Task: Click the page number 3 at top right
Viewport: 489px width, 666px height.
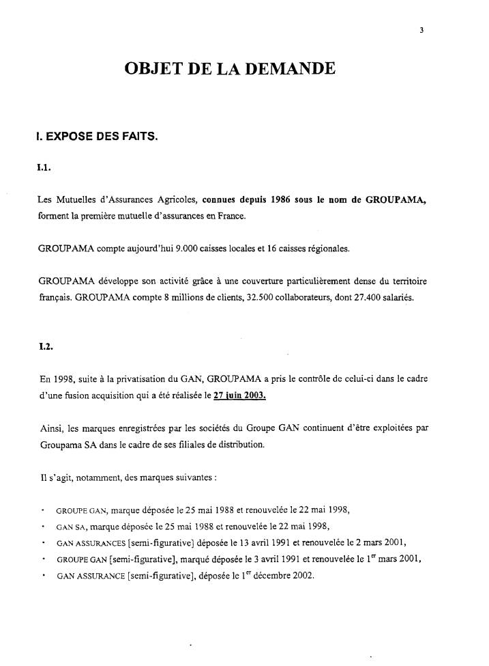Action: [423, 29]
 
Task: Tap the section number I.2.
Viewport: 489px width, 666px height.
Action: [46, 347]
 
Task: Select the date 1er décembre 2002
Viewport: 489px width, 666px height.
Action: [282, 575]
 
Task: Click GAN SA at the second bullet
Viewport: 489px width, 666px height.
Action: [70, 526]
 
